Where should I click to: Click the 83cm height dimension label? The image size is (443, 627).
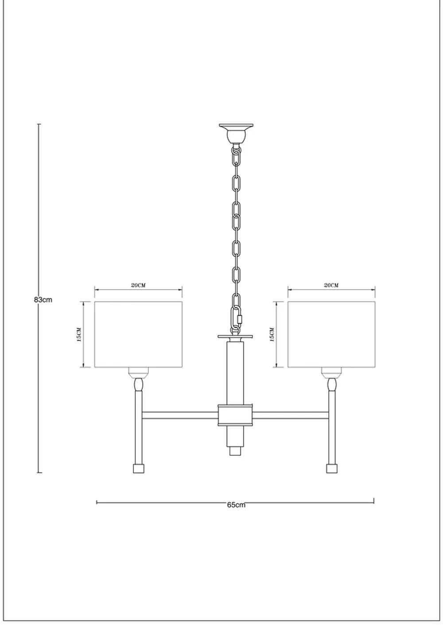pyautogui.click(x=43, y=299)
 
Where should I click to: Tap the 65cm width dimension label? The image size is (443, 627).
pyautogui.click(x=236, y=505)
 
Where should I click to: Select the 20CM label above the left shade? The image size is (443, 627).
pyautogui.click(x=138, y=285)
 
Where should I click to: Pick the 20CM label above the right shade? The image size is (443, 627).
pyautogui.click(x=331, y=285)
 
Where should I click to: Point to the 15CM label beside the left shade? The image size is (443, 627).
pyautogui.click(x=79, y=334)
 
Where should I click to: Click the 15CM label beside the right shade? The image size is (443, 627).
pyautogui.click(x=272, y=334)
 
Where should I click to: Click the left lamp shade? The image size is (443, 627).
pyautogui.click(x=139, y=334)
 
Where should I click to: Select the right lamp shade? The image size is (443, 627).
pyautogui.click(x=331, y=334)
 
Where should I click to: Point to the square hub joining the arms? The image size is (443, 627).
pyautogui.click(x=236, y=414)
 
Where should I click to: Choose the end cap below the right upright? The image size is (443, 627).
pyautogui.click(x=332, y=468)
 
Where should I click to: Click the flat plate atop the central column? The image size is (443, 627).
pyautogui.click(x=236, y=337)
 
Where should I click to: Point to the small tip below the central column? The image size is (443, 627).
pyautogui.click(x=236, y=451)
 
